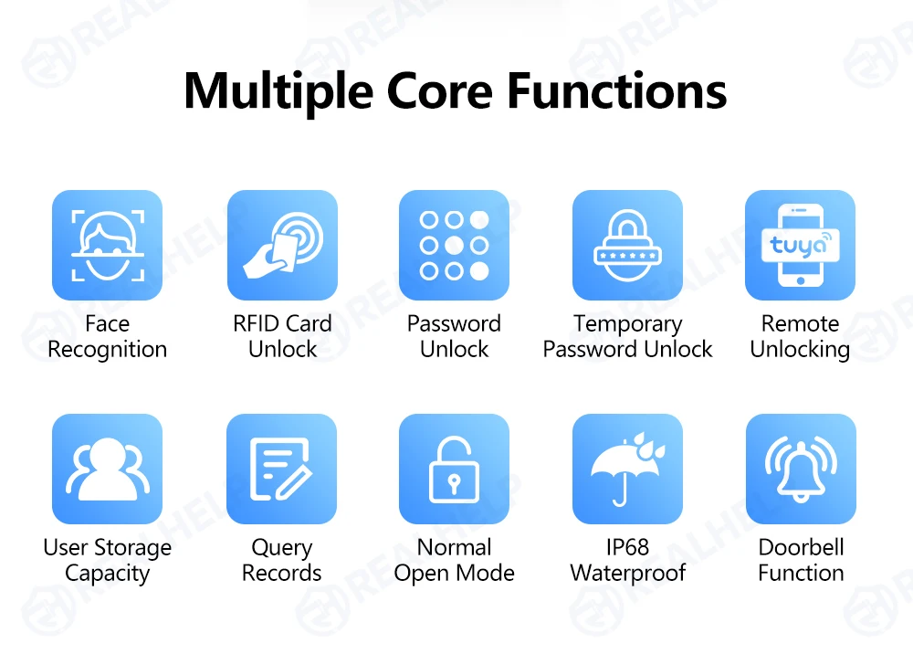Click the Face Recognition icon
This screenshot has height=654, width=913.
pos(107,245)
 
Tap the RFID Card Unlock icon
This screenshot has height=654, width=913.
pos(282,245)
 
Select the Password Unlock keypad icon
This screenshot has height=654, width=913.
pos(454,245)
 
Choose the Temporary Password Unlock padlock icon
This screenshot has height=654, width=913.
pos(628,245)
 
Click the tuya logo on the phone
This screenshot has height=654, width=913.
pos(801,245)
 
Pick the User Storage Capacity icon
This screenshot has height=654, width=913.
pos(107,469)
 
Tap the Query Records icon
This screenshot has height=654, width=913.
pos(282,469)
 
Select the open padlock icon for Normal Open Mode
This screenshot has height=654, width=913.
pos(454,469)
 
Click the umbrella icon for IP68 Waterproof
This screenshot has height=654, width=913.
pos(628,469)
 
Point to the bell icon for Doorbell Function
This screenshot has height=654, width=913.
pos(801,469)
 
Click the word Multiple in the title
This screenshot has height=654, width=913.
pos(278,92)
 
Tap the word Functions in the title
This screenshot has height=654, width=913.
pos(616,90)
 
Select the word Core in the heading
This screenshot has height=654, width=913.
pos(440,91)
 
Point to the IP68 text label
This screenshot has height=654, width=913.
pos(628,547)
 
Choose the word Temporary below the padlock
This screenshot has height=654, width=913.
pos(628,324)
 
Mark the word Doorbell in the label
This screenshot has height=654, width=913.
pos(801,547)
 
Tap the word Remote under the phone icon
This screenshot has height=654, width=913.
pos(801,323)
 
